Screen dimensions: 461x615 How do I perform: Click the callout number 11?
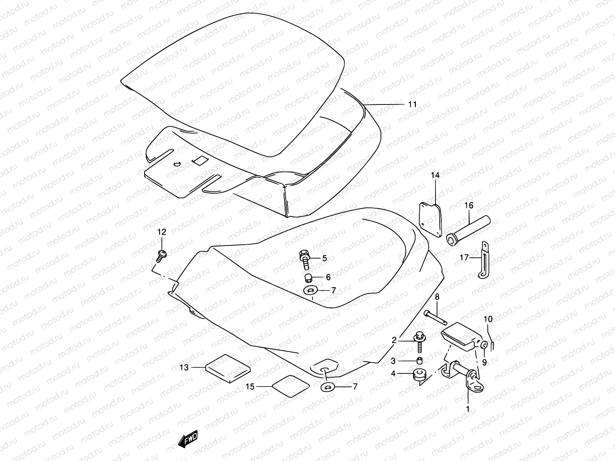(412, 104)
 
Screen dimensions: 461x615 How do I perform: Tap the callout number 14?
(435, 175)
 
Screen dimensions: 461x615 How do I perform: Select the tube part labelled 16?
(469, 230)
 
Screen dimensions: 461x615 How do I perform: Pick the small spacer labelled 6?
(307, 277)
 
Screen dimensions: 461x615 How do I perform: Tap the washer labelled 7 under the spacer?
(310, 290)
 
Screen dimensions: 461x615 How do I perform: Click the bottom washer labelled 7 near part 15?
(327, 386)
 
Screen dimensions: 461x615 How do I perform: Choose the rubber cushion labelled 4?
(420, 376)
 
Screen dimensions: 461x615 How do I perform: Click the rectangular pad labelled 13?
(228, 368)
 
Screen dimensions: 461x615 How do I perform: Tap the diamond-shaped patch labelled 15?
(291, 386)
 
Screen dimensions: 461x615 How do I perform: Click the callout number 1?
(468, 409)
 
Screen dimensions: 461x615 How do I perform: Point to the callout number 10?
(488, 319)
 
